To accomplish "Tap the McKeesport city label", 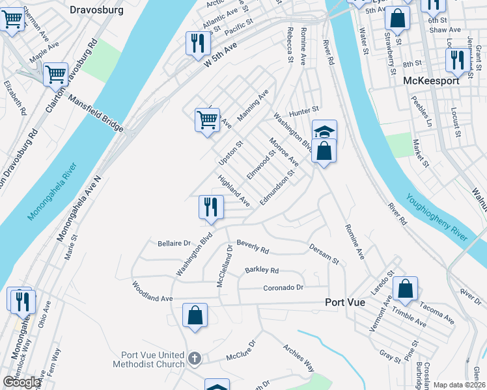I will pyautogui.click(x=430, y=81).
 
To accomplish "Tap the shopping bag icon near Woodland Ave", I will pyautogui.click(x=195, y=316).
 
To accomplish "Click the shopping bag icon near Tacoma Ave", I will pyautogui.click(x=405, y=288).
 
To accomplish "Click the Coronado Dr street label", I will pyautogui.click(x=283, y=287).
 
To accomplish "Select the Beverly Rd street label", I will pyautogui.click(x=253, y=246).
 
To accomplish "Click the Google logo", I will pyautogui.click(x=21, y=382).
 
